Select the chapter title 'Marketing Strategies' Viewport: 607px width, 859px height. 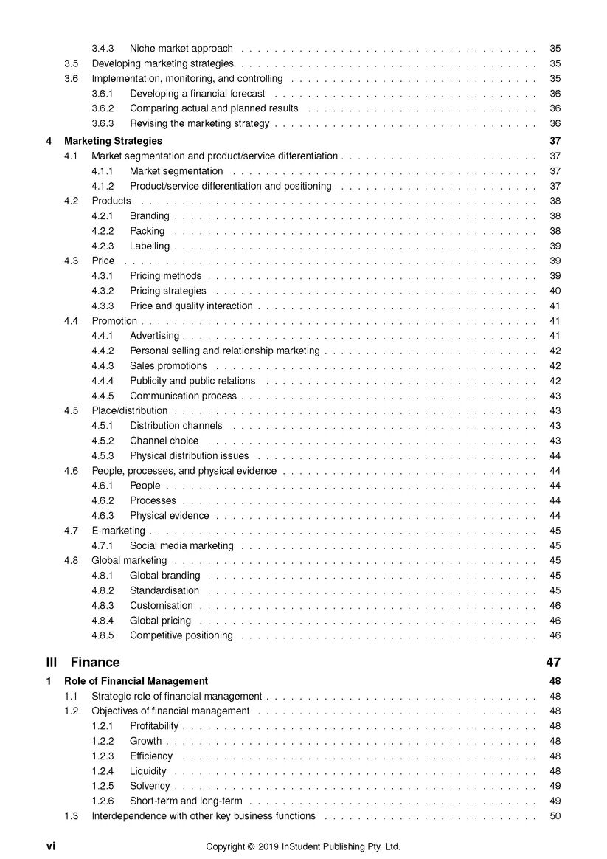[113, 141]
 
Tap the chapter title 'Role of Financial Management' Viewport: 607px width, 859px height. [136, 681]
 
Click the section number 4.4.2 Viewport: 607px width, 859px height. [103, 351]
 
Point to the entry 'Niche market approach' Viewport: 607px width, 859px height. [181, 49]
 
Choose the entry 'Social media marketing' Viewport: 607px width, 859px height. [181, 546]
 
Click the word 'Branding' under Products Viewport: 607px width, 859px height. [149, 216]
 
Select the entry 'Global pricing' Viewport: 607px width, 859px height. [160, 621]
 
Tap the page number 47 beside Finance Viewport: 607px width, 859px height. [553, 662]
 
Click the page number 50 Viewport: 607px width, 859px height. [555, 816]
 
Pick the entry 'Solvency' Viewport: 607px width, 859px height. [150, 786]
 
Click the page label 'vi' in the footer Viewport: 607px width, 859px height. [51, 846]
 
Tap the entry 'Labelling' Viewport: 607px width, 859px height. [150, 246]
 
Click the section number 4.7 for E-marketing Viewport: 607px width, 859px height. [71, 531]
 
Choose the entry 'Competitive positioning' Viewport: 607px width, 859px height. [181, 635]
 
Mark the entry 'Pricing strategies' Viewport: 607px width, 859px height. [168, 291]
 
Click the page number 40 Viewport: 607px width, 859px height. [555, 291]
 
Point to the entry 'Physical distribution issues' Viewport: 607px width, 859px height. [190, 456]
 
